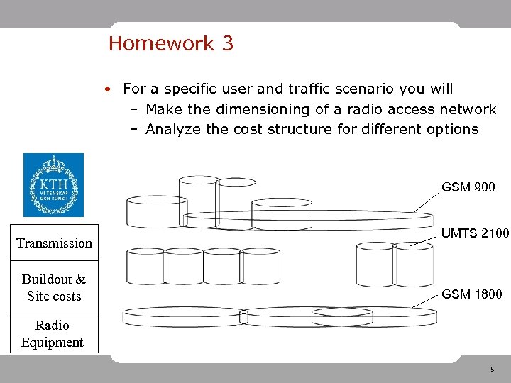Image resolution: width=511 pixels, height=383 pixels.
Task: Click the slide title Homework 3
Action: tap(170, 44)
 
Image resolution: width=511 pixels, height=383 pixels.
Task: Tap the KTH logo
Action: tap(53, 184)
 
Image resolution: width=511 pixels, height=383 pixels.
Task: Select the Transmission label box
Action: tap(54, 243)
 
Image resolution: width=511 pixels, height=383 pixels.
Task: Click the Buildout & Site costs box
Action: tap(54, 288)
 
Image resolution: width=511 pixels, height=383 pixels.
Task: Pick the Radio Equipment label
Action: tap(53, 334)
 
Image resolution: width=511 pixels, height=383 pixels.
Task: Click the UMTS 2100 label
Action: tap(475, 233)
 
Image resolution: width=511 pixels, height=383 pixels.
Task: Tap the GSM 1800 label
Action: tap(472, 294)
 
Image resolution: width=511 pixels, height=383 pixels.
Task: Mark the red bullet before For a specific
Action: tap(106, 89)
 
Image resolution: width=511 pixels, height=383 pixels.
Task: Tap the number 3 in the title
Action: tap(227, 44)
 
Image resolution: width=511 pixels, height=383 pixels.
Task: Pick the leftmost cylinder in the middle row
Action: tap(145, 267)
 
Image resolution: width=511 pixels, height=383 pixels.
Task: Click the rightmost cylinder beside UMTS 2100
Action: tap(413, 265)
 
